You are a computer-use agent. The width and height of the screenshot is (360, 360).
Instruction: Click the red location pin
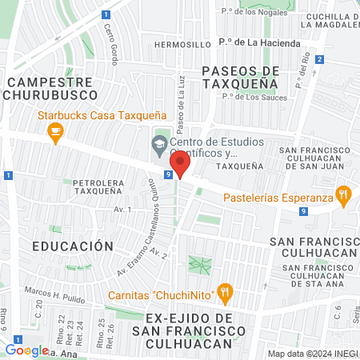(x=181, y=165)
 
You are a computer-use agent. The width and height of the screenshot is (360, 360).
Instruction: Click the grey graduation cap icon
(x=158, y=145)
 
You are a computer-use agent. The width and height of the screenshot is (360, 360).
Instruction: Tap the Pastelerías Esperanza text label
(x=278, y=197)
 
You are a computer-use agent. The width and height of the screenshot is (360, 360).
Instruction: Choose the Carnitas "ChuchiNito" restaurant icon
(x=226, y=294)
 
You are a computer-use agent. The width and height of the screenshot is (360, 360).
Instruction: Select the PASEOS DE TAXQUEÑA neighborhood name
(x=240, y=76)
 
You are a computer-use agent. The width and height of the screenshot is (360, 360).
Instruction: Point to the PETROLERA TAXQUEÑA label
(x=101, y=187)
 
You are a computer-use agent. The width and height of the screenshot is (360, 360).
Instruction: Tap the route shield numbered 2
(x=319, y=59)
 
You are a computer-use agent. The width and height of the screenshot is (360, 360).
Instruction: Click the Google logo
(x=26, y=350)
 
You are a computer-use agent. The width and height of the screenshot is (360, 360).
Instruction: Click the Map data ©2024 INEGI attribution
(x=311, y=354)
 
